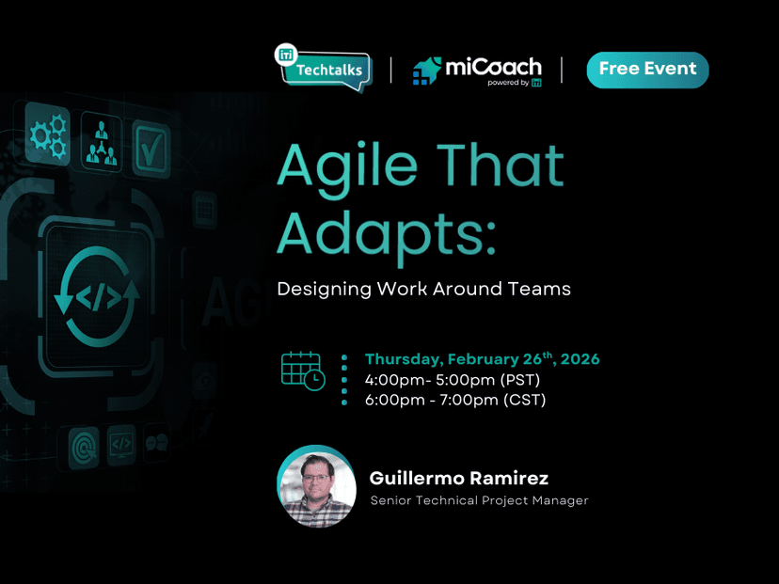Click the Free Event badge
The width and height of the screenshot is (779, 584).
[x=647, y=70]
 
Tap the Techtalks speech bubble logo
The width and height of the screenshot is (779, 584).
[x=323, y=69]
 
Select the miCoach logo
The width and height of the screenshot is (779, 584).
[x=477, y=71]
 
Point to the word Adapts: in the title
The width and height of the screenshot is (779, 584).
[x=386, y=231]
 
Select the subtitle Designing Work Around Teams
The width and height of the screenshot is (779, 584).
[x=423, y=289]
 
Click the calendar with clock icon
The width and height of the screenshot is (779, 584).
[x=302, y=371]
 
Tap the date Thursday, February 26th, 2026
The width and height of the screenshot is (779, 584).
[x=482, y=359]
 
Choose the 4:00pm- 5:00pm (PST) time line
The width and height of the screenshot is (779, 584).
[x=453, y=380]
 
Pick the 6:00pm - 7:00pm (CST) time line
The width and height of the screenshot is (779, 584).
[x=455, y=400]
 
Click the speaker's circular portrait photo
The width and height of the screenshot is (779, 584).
[x=317, y=486]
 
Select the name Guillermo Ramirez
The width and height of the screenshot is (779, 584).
[x=458, y=479]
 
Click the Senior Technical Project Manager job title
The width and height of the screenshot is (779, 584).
[x=479, y=500]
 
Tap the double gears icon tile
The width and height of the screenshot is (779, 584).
[x=46, y=135]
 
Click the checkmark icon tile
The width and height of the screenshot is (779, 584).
[x=151, y=147]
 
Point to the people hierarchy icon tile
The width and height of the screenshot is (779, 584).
[x=101, y=140]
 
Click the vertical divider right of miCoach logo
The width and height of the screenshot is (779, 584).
[x=562, y=70]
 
